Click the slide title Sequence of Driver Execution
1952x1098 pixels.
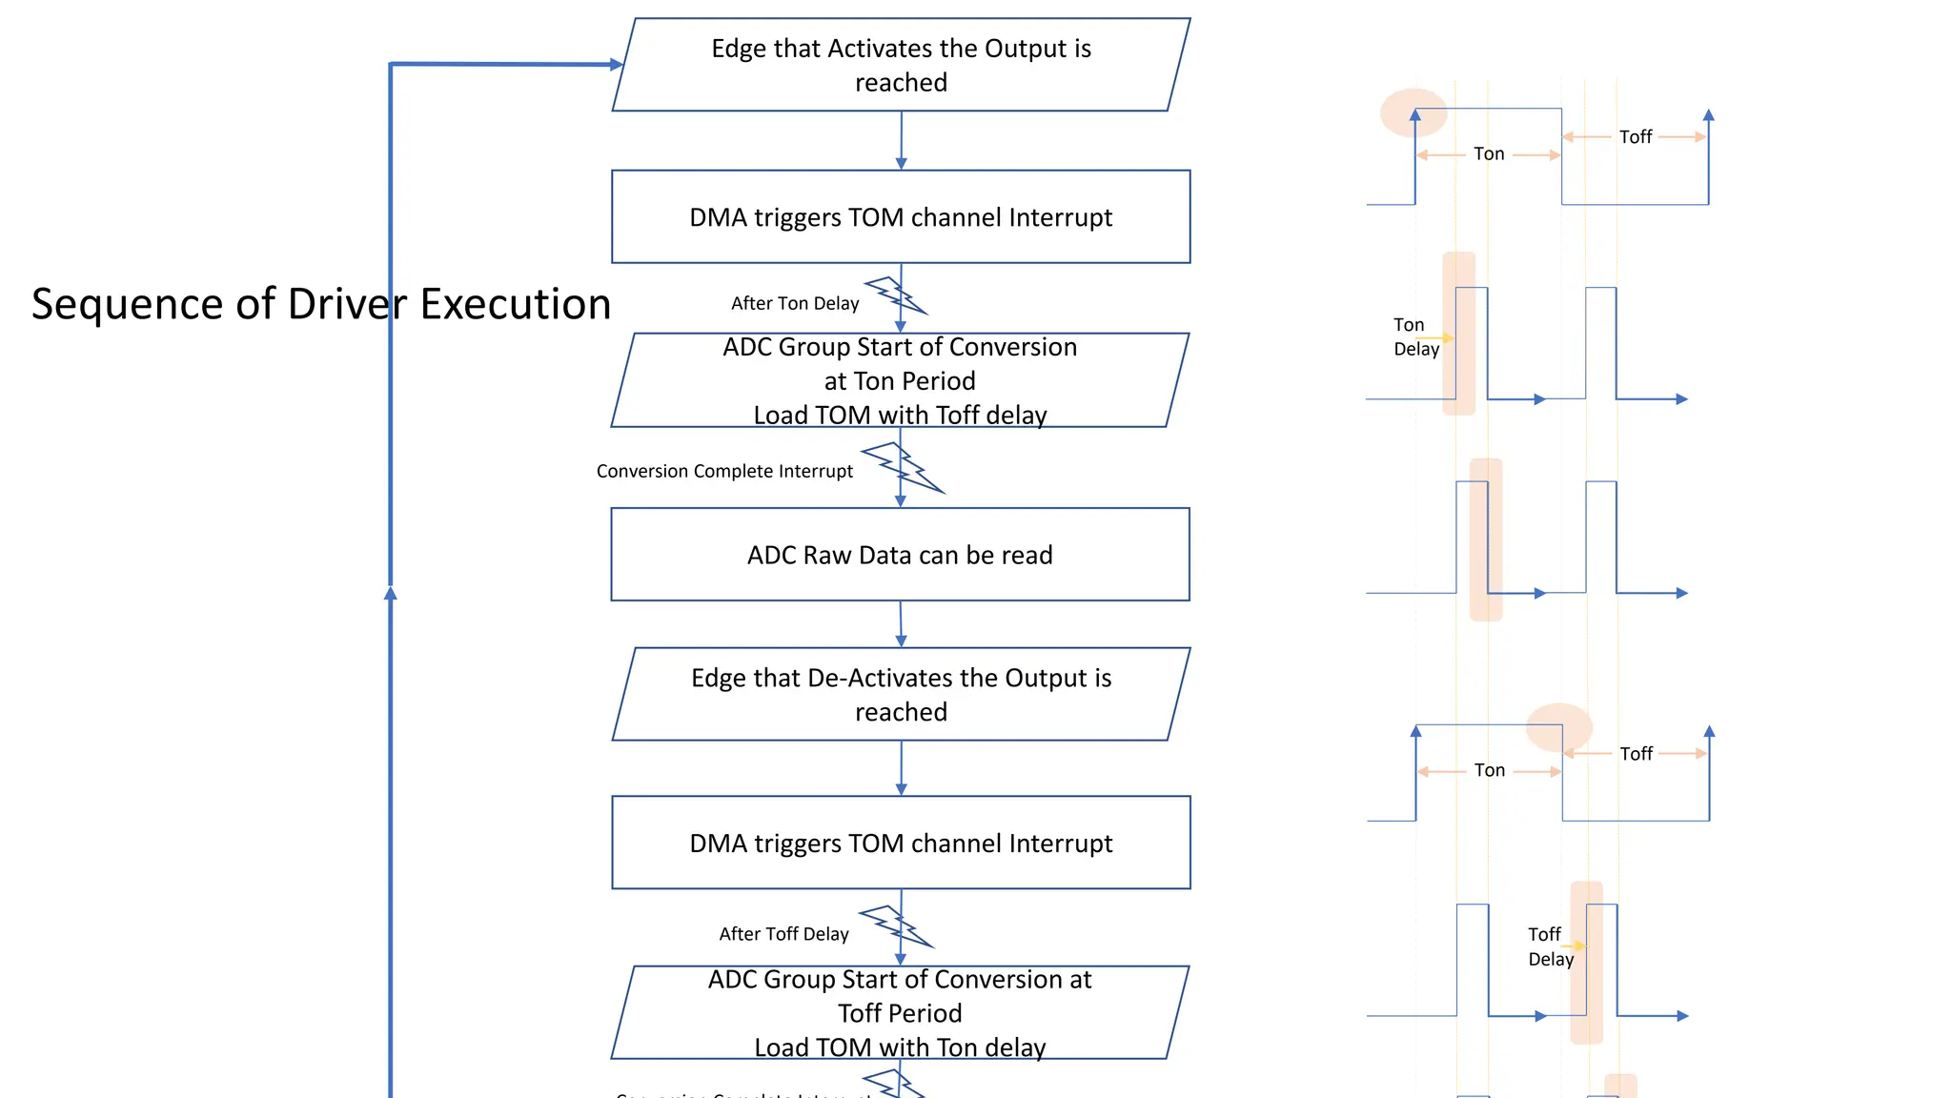coord(321,304)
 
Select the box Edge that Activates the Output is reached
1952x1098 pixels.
coord(901,65)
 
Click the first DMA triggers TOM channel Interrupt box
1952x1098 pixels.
coord(901,217)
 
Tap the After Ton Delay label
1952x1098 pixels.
coord(795,303)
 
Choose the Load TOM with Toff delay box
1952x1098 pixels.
coord(900,380)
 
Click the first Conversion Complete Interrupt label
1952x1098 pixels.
coord(724,471)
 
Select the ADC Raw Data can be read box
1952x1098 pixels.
coord(900,555)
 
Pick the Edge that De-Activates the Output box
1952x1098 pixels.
coord(901,694)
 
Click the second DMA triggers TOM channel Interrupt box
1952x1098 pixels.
coord(901,844)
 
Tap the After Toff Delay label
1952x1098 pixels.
coord(783,934)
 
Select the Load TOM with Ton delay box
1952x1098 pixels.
coord(900,1013)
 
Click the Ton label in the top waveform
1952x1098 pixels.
coord(1489,154)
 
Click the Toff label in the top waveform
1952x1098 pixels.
coord(1636,137)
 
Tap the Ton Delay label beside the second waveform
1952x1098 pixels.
coord(1415,337)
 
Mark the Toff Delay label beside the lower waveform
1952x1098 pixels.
coord(1550,946)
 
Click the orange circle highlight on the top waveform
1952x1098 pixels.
coord(1413,112)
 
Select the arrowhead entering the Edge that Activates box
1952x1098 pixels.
coord(617,65)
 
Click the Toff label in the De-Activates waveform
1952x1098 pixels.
coord(1637,754)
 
